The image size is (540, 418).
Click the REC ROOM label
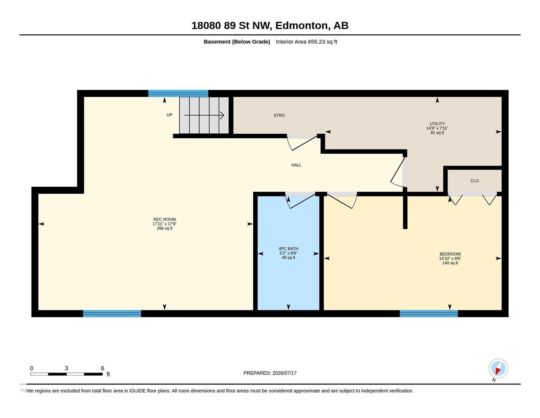pos(165,219)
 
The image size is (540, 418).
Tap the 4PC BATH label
pos(288,248)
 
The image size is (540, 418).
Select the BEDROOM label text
pos(450,254)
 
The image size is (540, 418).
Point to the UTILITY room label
pos(437,124)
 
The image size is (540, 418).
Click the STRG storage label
pos(279,115)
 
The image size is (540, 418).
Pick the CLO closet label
pos(475,181)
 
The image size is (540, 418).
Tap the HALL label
pos(296,165)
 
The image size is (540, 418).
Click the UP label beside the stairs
pos(170,115)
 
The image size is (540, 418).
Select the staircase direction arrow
pos(204,115)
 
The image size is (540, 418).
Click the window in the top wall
pos(178,93)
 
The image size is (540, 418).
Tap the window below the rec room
pos(112,314)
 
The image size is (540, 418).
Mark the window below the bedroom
pos(429,314)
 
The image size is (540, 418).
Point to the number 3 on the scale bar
pos(66,368)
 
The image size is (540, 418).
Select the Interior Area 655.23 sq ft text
pos(306,42)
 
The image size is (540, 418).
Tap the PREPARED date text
pos(270,373)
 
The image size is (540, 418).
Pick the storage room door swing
pos(302,143)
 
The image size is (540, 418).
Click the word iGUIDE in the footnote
pos(137,391)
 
